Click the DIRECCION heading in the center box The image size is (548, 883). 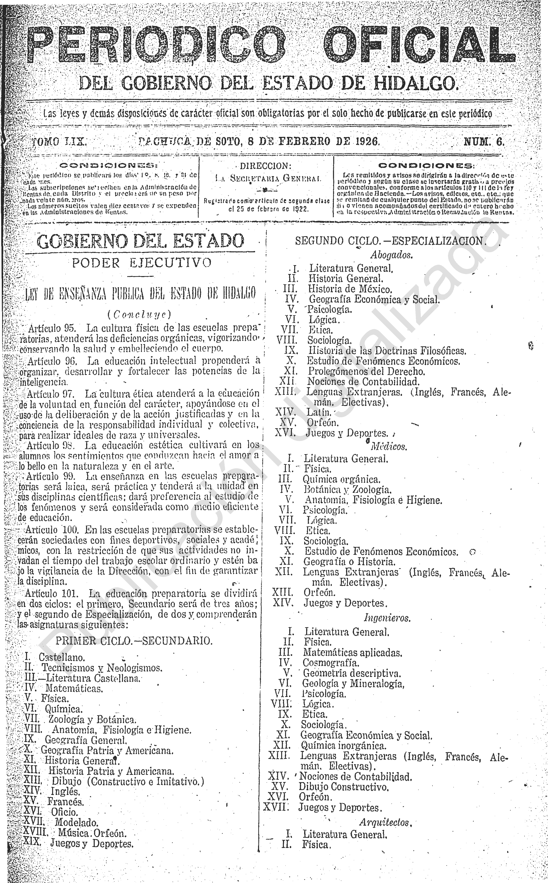pyautogui.click(x=266, y=166)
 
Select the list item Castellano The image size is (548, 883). pyautogui.click(x=62, y=657)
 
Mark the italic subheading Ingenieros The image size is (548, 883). pyautogui.click(x=387, y=618)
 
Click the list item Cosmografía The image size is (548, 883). pyautogui.click(x=331, y=663)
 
